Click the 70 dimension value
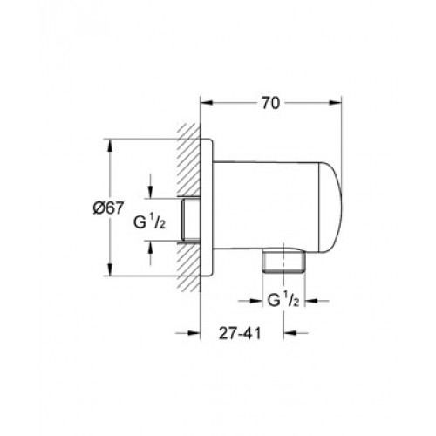click(270, 103)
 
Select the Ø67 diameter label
click(108, 208)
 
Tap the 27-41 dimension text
click(240, 333)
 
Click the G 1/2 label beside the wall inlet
click(149, 223)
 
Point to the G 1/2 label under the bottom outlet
click(283, 301)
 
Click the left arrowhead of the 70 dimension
click(208, 103)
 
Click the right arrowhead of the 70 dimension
click(335, 103)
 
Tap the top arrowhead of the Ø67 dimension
click(110, 146)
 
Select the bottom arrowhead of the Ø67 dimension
click(110, 269)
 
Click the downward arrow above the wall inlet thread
click(150, 186)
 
